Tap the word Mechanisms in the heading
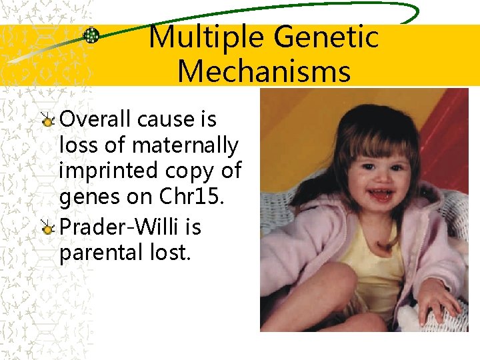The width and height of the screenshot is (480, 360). (x=264, y=71)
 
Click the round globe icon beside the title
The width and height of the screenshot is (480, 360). (x=91, y=36)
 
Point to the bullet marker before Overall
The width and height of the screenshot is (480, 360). (x=48, y=121)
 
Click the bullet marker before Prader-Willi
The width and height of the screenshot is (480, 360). (x=48, y=229)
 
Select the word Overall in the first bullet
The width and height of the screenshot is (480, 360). (x=96, y=119)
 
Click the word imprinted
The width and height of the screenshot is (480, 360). (x=102, y=171)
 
